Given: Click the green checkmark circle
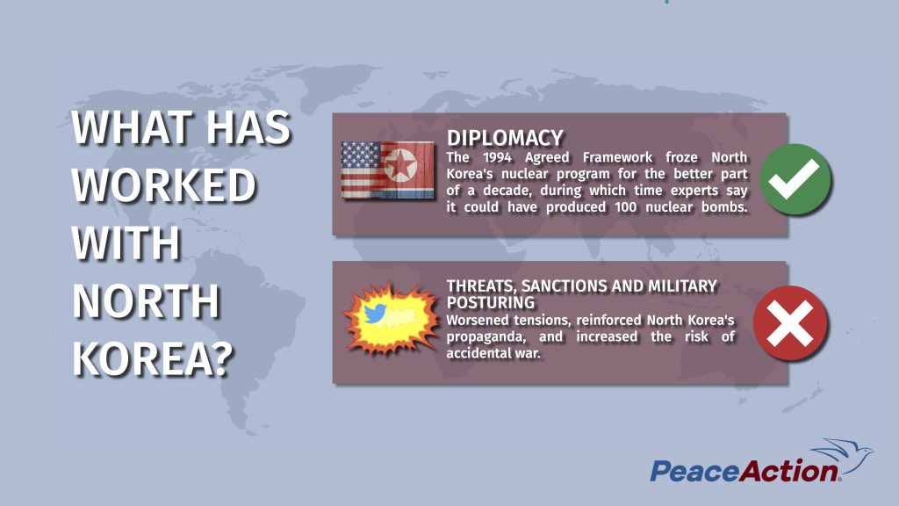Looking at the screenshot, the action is point(795,179).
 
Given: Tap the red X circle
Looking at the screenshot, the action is point(790,323).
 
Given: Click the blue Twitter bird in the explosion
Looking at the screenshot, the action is point(374,314).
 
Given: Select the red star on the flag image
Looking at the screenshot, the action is point(399,164).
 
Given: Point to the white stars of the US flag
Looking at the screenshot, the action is point(361,155).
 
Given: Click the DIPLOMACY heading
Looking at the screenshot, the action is point(505,138).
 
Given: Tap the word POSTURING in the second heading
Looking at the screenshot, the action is point(491,302).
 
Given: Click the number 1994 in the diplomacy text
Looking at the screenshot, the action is point(497,157).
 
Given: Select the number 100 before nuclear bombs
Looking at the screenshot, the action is point(625,207).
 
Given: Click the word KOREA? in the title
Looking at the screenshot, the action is point(153,358).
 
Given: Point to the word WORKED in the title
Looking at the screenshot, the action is point(163,184).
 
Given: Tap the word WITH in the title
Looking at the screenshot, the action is point(126,242).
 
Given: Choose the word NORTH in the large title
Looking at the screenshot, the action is point(146,300).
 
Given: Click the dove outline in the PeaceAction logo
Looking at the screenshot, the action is point(843,456).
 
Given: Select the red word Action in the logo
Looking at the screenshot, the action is point(789,471).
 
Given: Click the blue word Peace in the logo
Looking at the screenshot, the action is point(694,472).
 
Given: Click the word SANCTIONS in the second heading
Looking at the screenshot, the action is point(563,286).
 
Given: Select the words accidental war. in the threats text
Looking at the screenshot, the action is point(493,353).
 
